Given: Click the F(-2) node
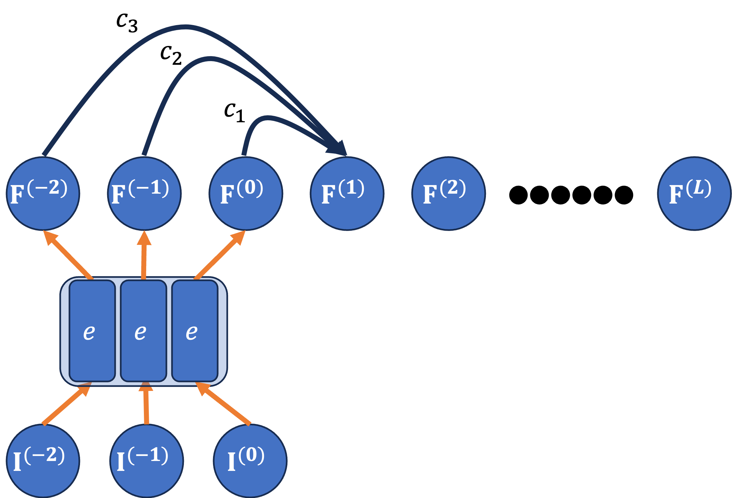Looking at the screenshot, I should click(x=43, y=194).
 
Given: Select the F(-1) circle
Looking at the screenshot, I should click(x=144, y=194).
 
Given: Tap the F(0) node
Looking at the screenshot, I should click(x=246, y=194).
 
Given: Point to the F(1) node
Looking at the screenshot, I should click(x=347, y=194).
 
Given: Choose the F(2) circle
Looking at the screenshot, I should click(x=449, y=194).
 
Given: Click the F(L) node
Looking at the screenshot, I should click(x=694, y=194).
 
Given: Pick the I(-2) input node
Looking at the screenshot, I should click(x=43, y=461).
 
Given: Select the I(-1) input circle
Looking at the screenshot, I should click(x=147, y=461).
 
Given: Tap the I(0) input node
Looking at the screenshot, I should click(x=250, y=461).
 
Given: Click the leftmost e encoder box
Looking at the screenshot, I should click(x=92, y=331).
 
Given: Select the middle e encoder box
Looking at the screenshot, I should click(x=143, y=331).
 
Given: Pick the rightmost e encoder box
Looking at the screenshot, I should click(x=194, y=331).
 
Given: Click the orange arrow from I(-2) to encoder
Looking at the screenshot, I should click(x=65, y=406).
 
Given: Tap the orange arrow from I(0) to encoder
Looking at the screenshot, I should click(x=225, y=405).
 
